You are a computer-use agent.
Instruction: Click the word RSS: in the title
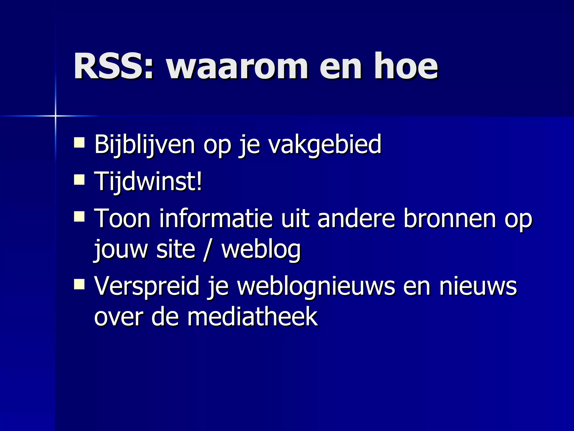[114, 67]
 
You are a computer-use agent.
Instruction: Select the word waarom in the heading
[237, 67]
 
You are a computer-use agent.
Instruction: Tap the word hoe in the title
[406, 67]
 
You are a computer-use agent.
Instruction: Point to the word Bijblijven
[145, 144]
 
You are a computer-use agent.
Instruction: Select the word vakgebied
[325, 144]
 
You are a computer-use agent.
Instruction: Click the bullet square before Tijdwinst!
[79, 180]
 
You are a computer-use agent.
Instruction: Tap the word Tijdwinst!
[148, 181]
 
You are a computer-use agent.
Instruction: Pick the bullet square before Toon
[79, 217]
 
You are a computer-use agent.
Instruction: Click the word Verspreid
[147, 286]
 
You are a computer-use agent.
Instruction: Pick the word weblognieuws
[316, 286]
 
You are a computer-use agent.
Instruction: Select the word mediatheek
[252, 317]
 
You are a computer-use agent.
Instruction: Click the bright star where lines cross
[55, 116]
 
